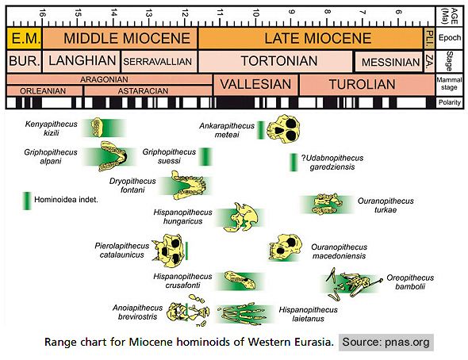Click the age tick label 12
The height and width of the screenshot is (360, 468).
(185, 13)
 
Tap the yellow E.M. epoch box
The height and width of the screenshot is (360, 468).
(24, 38)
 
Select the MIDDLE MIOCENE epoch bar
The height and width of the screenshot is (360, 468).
(120, 38)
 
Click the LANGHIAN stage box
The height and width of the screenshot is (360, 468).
(82, 61)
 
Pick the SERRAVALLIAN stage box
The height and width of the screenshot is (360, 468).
(159, 61)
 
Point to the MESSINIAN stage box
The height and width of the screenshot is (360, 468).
(389, 62)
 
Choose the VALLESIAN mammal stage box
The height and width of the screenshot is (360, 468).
(255, 85)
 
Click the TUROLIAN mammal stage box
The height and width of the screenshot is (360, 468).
(367, 85)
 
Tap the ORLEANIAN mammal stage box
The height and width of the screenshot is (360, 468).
(44, 90)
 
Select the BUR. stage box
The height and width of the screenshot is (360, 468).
(24, 61)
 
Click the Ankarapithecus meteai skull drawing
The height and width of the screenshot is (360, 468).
(283, 128)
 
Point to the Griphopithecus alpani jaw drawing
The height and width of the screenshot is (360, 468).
(113, 156)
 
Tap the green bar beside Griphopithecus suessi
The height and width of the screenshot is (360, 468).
(205, 156)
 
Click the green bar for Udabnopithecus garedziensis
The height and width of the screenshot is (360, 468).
(293, 163)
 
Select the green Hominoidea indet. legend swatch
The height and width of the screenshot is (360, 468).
(27, 201)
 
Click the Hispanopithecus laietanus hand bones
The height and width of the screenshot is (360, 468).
(241, 314)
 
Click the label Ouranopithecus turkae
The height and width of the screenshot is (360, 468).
(386, 205)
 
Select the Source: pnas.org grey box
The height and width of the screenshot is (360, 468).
(386, 343)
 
